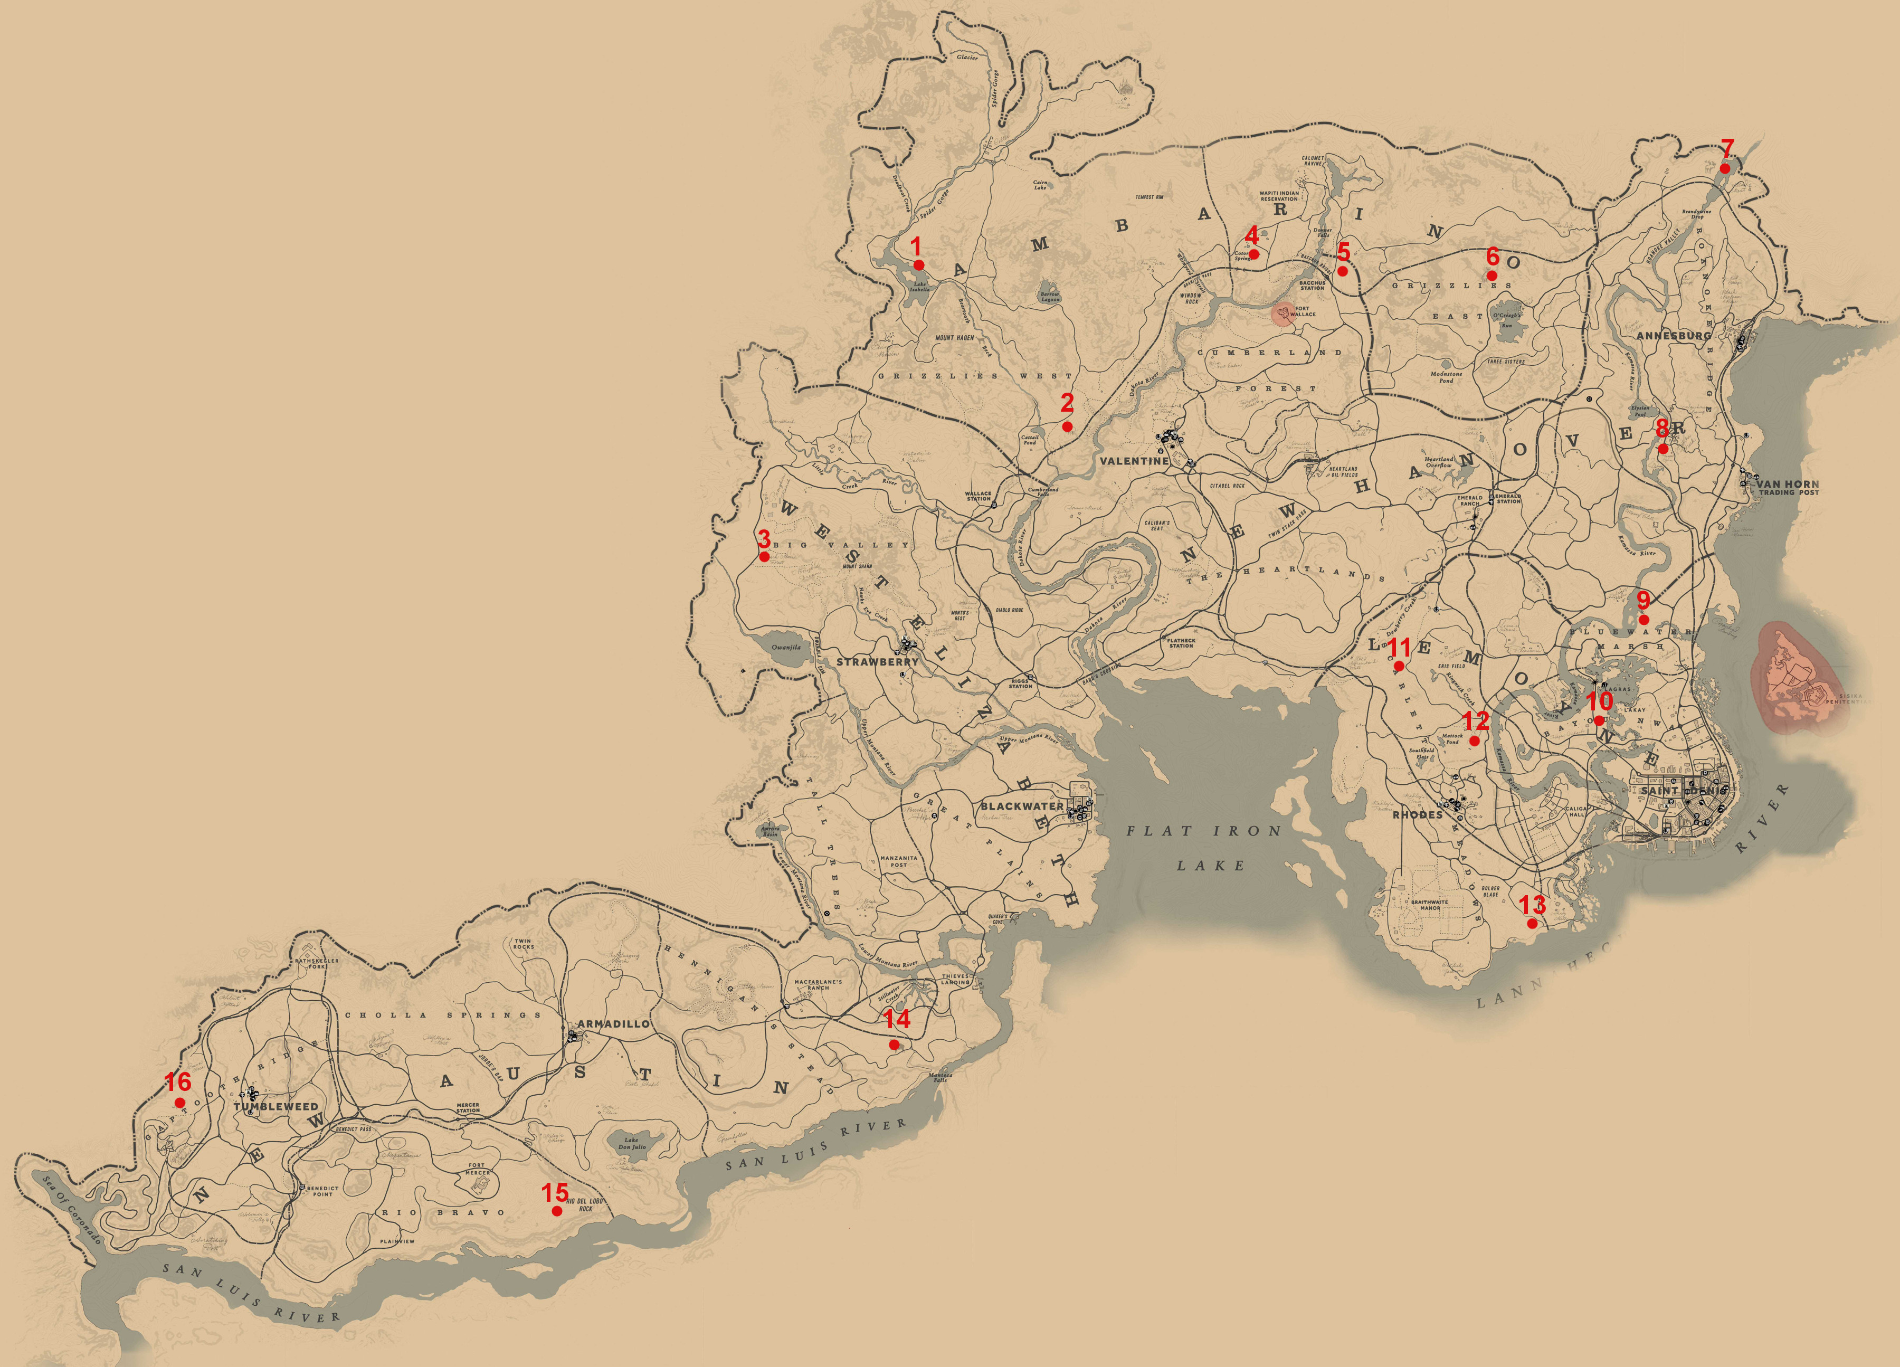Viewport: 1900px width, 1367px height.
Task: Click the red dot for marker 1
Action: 919,264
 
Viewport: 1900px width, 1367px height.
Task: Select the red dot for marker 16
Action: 179,1103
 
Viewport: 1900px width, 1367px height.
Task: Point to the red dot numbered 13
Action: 1532,923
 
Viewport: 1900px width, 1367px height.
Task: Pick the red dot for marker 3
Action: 764,556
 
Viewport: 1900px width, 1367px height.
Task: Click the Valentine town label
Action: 1134,461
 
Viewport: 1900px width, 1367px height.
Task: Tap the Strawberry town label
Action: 877,662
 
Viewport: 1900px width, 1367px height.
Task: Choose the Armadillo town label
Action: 613,1023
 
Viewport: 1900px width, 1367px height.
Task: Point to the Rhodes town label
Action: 1418,814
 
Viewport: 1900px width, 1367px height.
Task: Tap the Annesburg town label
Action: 1674,335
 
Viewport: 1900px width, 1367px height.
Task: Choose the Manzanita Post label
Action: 898,861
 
